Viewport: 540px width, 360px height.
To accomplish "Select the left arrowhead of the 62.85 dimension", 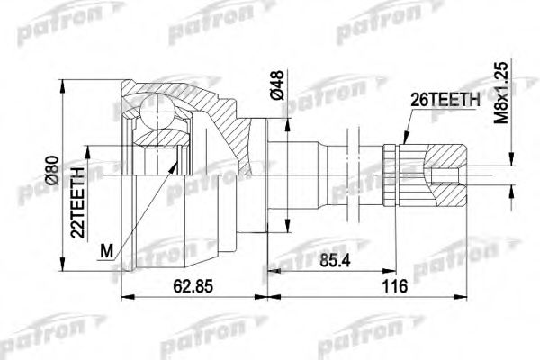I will pos(124,297).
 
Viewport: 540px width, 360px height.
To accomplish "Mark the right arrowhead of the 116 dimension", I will pos(467,297).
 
